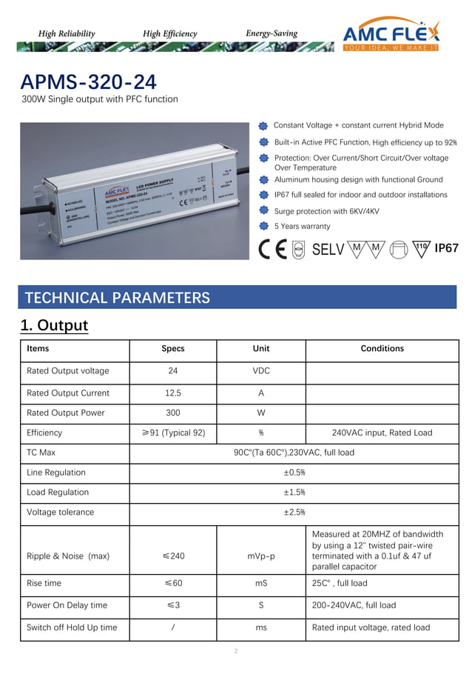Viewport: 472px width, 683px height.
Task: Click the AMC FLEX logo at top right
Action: [x=391, y=36]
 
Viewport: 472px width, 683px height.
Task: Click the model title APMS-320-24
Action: [x=89, y=81]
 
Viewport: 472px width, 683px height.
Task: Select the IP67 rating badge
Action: [x=447, y=248]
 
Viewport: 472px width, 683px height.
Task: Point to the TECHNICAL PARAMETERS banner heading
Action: [x=118, y=298]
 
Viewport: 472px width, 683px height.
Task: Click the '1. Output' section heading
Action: [x=54, y=325]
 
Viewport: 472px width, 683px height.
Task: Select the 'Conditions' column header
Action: [x=382, y=348]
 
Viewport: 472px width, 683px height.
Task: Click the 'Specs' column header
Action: [x=172, y=348]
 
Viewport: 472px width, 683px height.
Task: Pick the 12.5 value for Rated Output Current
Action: [x=172, y=393]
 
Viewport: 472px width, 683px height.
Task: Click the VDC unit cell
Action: [x=260, y=370]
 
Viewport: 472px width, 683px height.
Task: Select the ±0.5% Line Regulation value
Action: [x=295, y=473]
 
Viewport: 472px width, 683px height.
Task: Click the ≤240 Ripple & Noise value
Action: [x=172, y=556]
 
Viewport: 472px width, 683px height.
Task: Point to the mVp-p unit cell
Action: [x=260, y=556]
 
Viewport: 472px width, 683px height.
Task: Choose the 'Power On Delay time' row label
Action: [x=67, y=605]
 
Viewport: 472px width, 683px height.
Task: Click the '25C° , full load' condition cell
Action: [x=340, y=583]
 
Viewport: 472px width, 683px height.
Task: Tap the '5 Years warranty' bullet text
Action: [x=302, y=227]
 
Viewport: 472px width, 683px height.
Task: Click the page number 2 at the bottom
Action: [x=235, y=651]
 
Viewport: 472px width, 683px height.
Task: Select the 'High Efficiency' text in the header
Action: [x=170, y=33]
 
